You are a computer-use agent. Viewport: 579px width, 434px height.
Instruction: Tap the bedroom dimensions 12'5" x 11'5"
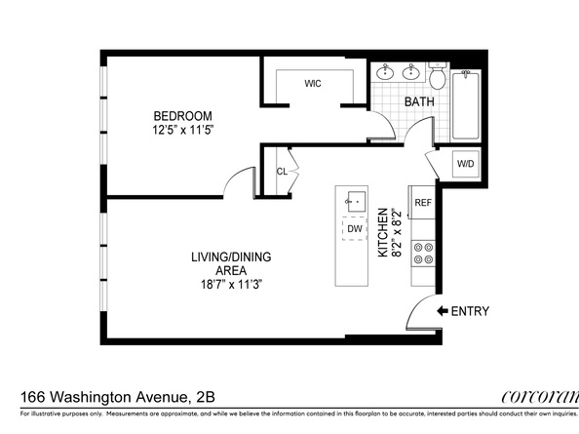click(x=181, y=128)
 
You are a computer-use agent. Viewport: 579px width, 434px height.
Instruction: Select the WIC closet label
click(x=313, y=84)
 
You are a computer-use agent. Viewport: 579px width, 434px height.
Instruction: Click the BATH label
click(x=419, y=101)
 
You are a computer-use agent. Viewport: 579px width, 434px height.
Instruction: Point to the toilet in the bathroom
click(x=438, y=75)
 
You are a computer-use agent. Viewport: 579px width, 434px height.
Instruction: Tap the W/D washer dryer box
click(x=465, y=164)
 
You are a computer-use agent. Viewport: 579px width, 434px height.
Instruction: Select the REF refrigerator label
click(x=423, y=203)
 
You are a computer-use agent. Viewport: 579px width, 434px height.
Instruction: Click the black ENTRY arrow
click(x=442, y=311)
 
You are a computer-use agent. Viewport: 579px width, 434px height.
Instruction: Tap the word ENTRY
click(x=471, y=311)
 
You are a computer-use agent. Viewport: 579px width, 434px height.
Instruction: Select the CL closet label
click(x=282, y=171)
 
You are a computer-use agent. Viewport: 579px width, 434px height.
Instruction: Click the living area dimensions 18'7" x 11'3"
click(x=230, y=285)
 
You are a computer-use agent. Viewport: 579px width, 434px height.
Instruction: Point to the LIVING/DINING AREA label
click(x=231, y=263)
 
